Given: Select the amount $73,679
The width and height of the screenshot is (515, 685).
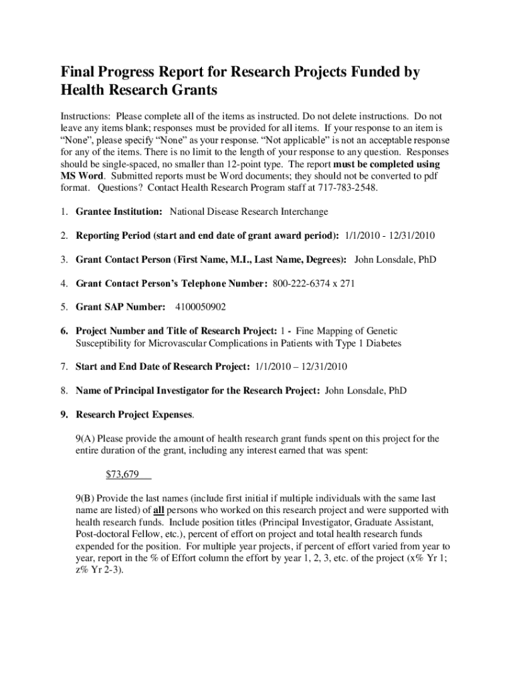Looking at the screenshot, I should coord(122,475).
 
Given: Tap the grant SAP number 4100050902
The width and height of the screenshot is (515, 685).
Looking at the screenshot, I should coord(201,307).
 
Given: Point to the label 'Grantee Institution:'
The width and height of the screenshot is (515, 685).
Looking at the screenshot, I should coord(119,212).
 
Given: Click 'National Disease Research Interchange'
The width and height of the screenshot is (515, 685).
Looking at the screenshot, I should coord(249,212).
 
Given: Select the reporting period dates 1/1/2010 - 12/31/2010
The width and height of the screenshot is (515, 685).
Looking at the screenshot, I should coord(390,235).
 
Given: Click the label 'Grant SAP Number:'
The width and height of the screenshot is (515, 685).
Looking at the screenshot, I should coord(120,307).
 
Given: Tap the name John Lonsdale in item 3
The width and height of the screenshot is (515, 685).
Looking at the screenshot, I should coord(395,259).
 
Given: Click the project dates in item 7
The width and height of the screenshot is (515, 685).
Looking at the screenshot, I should coord(300,367).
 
